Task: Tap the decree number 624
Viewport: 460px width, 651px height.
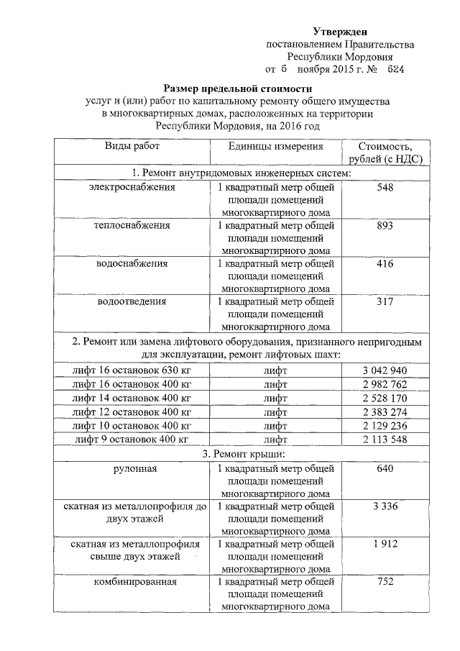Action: tap(395, 70)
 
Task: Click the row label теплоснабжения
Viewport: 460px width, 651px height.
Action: tap(132, 226)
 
